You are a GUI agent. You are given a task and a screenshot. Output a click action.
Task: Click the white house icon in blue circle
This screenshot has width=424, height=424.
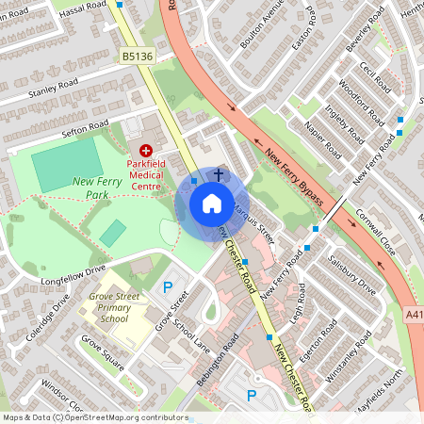(212, 203)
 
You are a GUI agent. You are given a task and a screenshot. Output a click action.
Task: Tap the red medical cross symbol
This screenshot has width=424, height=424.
(146, 151)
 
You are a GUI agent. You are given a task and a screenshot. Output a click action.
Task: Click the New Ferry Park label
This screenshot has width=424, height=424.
(98, 188)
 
